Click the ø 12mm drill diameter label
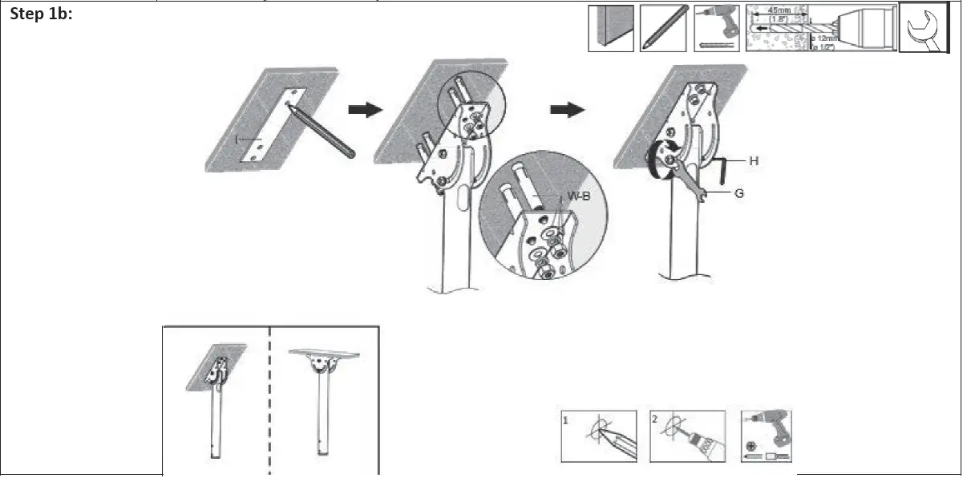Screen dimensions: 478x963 (826, 38)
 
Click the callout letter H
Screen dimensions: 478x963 (754, 161)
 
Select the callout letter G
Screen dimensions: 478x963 (738, 193)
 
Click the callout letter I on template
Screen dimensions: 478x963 (237, 140)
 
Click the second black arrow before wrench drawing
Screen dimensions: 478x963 (568, 110)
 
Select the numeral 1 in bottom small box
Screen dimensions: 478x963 (567, 419)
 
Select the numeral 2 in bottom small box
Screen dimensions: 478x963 (656, 419)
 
